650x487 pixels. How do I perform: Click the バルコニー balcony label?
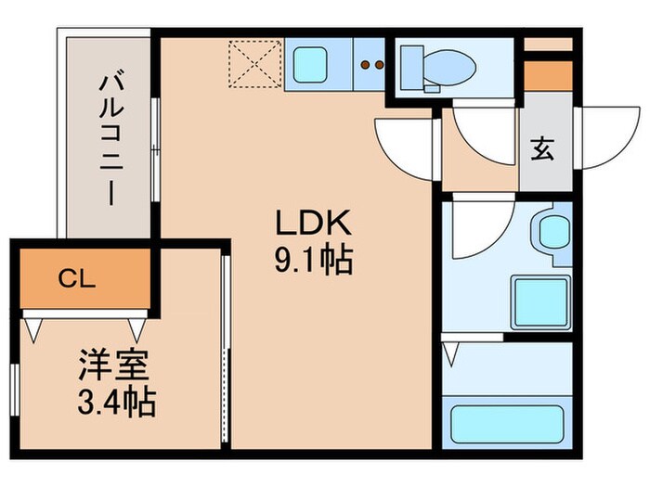110,140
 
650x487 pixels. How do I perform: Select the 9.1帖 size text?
312,262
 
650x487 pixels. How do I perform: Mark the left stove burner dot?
365,65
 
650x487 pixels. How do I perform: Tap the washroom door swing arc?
480,230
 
